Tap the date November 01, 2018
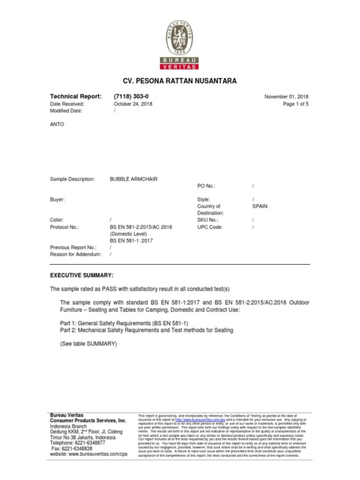pos(287,96)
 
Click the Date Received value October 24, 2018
pos(133,104)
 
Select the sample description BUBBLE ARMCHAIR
pos(135,178)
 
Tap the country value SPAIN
pos(260,205)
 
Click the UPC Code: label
pos(210,226)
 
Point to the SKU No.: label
pos(208,219)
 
